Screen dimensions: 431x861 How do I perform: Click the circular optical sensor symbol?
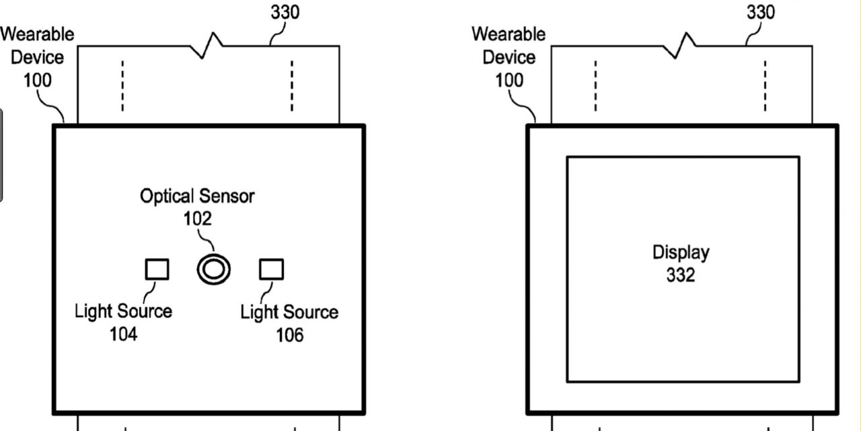tap(214, 269)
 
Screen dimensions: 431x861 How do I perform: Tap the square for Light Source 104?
tap(157, 269)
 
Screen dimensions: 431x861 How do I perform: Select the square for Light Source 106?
tap(272, 269)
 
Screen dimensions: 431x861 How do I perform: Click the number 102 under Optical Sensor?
tap(197, 219)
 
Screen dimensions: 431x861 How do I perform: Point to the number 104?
tap(123, 333)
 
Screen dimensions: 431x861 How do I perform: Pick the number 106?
tap(289, 334)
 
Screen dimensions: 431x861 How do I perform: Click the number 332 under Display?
tap(681, 275)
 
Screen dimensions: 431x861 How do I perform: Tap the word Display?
tap(681, 253)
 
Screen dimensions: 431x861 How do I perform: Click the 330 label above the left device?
tap(285, 12)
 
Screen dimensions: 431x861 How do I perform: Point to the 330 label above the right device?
tap(760, 12)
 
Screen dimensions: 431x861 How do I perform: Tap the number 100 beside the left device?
tap(37, 80)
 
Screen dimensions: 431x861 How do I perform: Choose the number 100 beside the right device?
tap(509, 80)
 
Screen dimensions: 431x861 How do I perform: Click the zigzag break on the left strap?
tap(206, 45)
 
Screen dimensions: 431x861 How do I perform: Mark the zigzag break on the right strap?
tap(680, 45)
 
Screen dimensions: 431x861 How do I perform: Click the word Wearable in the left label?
tap(37, 34)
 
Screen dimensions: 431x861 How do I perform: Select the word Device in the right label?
tap(509, 57)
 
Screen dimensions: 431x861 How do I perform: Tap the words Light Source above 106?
tap(289, 312)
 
